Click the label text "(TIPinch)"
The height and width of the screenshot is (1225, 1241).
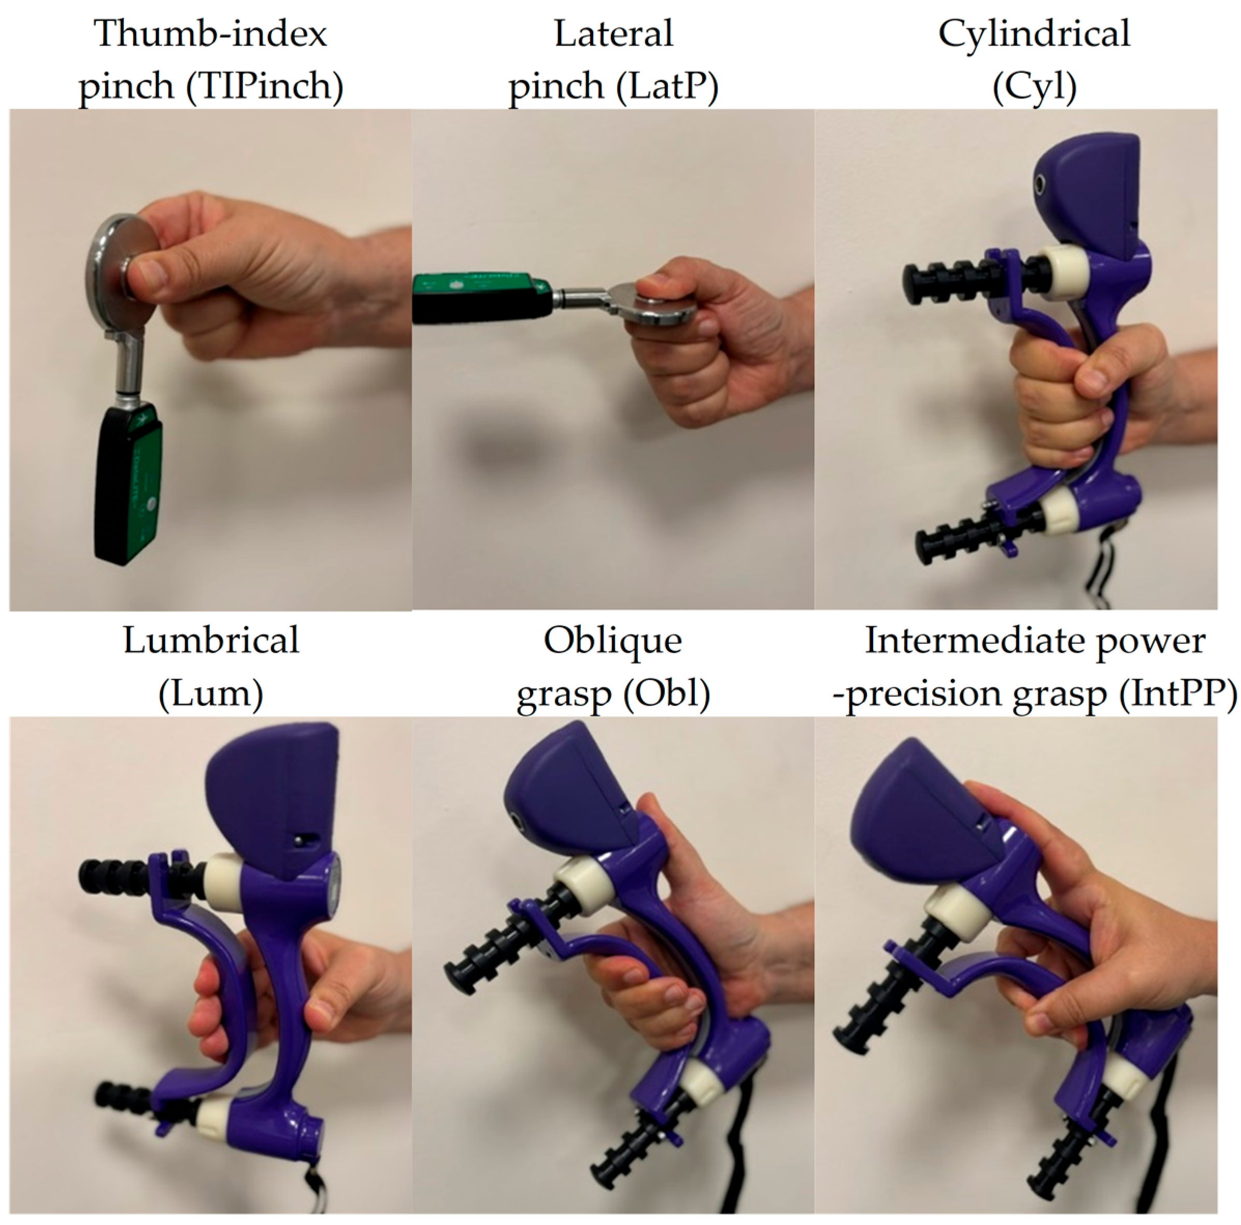(x=265, y=85)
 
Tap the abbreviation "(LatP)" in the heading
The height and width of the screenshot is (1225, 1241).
(x=667, y=85)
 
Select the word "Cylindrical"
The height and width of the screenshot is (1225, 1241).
(x=1034, y=33)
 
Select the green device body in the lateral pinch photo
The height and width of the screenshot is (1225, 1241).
(x=482, y=298)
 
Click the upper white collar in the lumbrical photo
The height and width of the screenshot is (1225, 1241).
(x=223, y=877)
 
